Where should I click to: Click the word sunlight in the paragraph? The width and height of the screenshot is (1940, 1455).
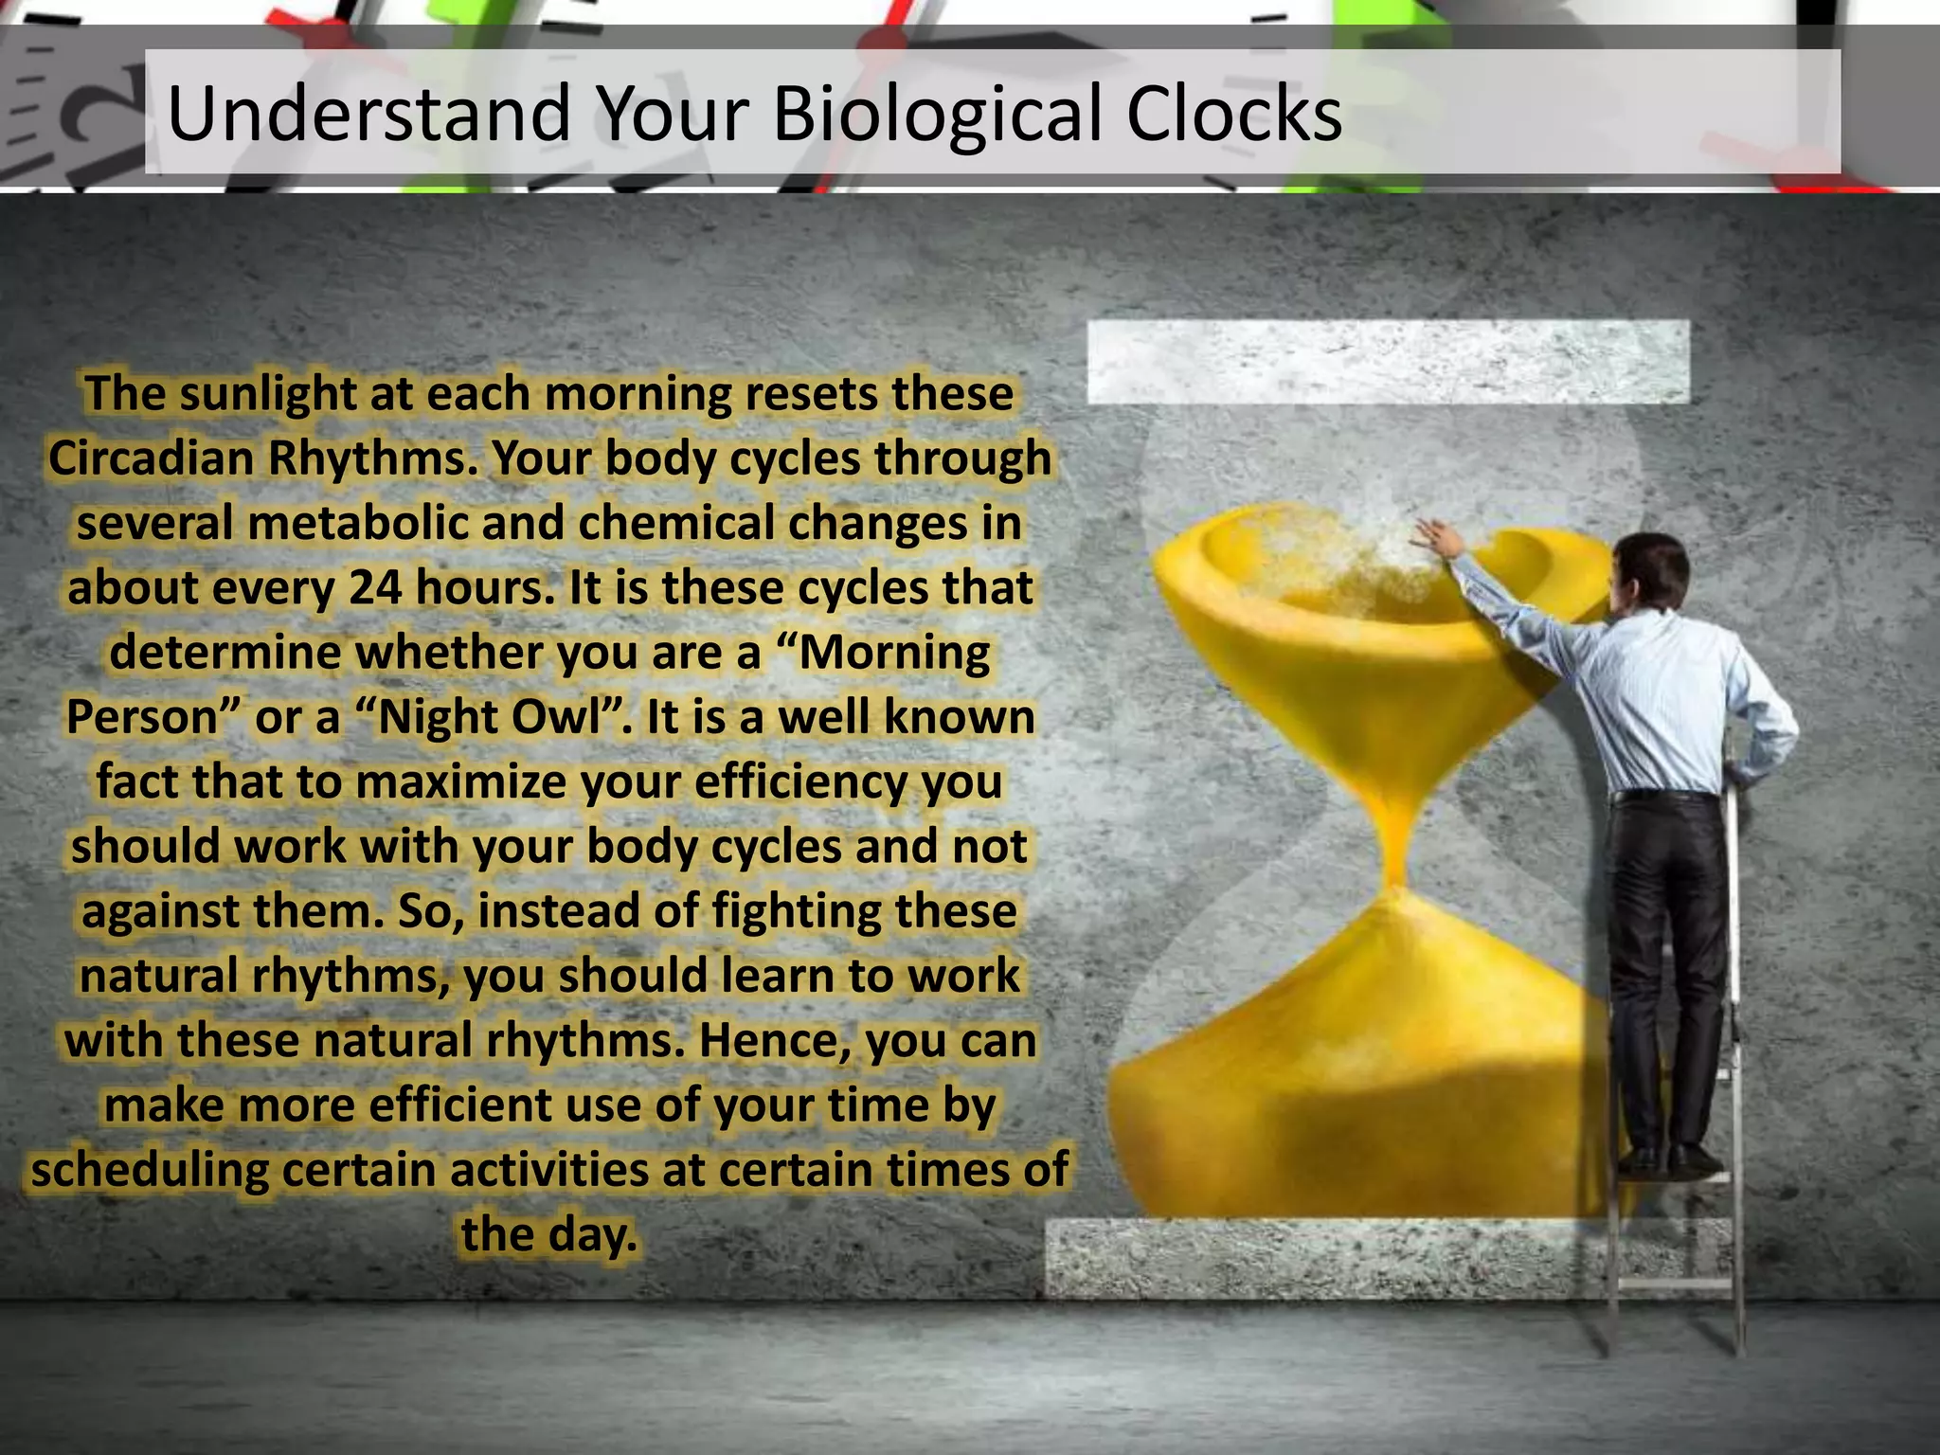click(267, 395)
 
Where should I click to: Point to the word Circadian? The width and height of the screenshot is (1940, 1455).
click(152, 458)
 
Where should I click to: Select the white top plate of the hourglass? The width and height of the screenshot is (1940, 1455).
click(1388, 361)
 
